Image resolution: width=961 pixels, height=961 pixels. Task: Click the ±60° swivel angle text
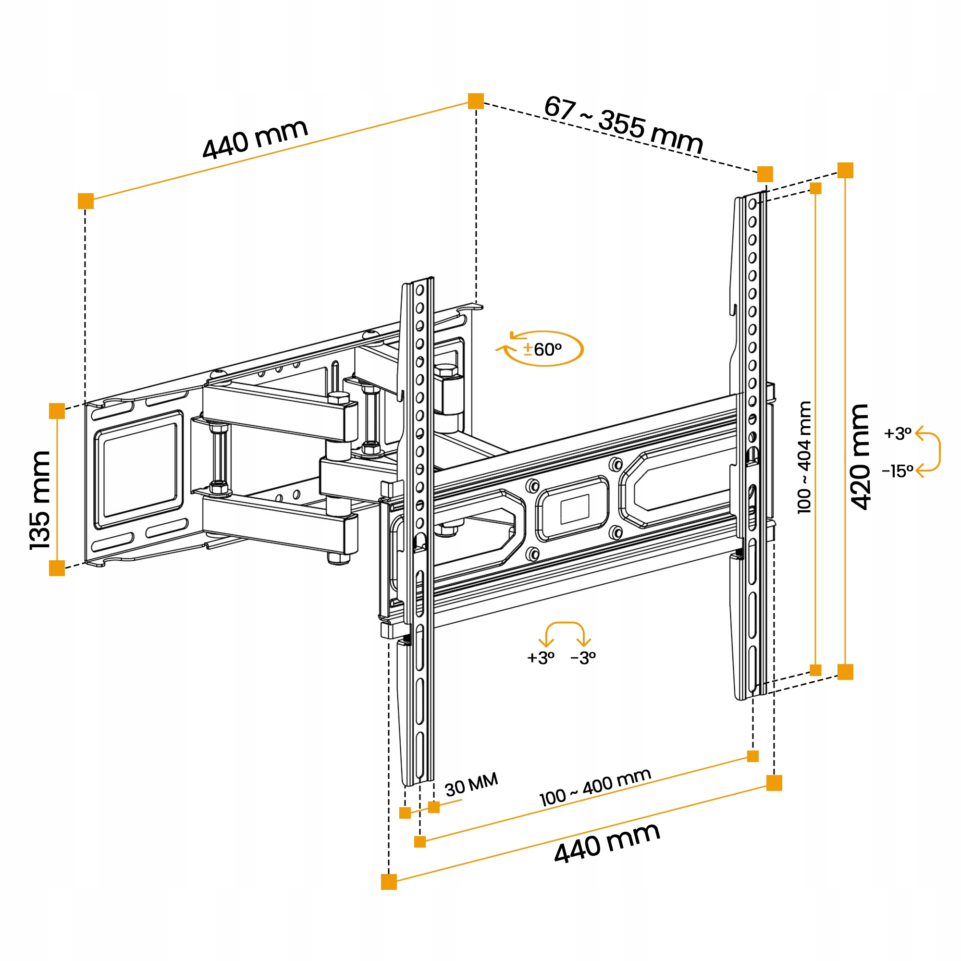click(x=542, y=350)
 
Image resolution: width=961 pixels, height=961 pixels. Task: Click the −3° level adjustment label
click(x=583, y=658)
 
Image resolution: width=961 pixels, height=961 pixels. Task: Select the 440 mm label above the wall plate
click(x=255, y=139)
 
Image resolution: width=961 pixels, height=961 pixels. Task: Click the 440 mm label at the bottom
click(x=607, y=843)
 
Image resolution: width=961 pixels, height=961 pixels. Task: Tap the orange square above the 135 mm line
click(x=57, y=411)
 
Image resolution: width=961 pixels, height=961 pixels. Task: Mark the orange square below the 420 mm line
click(x=845, y=672)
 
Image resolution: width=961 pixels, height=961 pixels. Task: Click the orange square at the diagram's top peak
click(x=476, y=101)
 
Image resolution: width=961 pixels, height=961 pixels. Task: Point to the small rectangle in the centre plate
click(x=575, y=509)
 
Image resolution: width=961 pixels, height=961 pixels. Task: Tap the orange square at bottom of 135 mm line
click(x=57, y=567)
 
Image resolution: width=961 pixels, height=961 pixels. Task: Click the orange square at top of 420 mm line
click(x=845, y=170)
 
